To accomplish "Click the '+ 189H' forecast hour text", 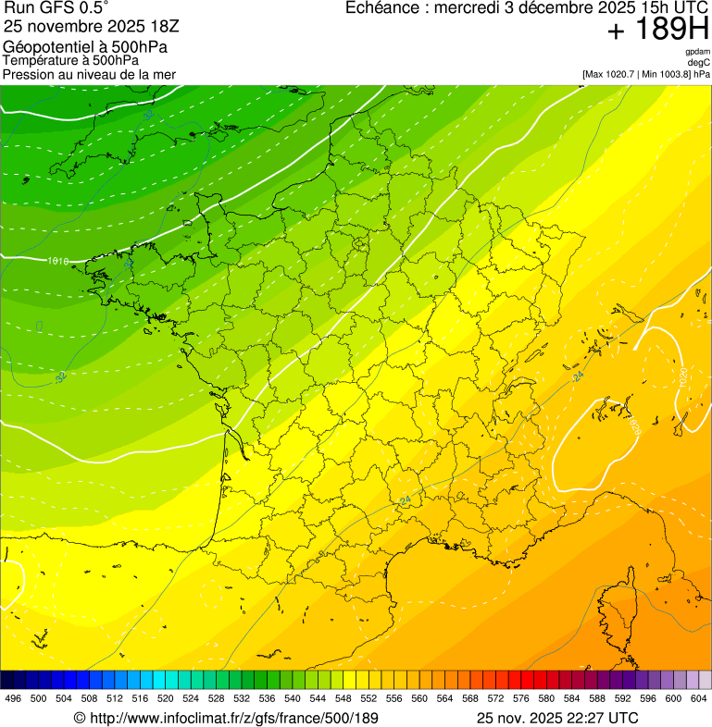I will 657,31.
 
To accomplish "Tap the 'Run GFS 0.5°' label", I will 56,8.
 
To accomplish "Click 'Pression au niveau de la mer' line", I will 89,74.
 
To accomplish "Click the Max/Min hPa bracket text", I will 645,74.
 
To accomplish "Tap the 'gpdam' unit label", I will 697,52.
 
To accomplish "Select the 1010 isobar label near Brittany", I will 57,261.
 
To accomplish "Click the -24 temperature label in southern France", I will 404,500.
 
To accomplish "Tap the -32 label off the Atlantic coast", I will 61,376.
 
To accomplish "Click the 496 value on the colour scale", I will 13,698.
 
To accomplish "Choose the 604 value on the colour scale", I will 698,698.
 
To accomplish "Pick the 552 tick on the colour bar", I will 368,698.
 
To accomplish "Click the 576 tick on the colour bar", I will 521,698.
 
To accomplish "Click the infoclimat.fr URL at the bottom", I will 226,718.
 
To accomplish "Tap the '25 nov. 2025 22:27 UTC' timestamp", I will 557,718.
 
